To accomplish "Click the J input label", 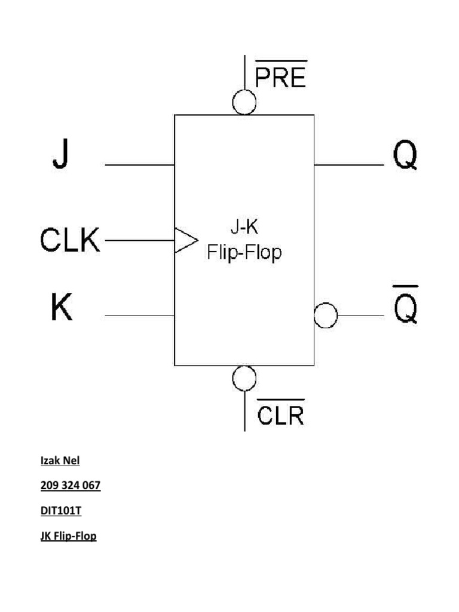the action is pos(60,154).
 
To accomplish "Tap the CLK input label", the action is pos(70,239).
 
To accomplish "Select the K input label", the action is pos(62,307).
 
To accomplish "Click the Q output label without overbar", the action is pos(405,155).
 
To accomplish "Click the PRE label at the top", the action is pos(281,74).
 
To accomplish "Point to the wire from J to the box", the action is pos(140,165).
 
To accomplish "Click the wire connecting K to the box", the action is pos(140,316).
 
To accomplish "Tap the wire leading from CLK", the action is pos(140,240).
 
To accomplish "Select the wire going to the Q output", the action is pos(349,165).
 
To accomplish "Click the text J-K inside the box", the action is pos(244,227).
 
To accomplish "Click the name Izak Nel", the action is pos(60,461).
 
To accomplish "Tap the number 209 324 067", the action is pos(71,485).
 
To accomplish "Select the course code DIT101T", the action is pos(61,510).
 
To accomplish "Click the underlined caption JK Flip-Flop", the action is pos(68,536).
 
